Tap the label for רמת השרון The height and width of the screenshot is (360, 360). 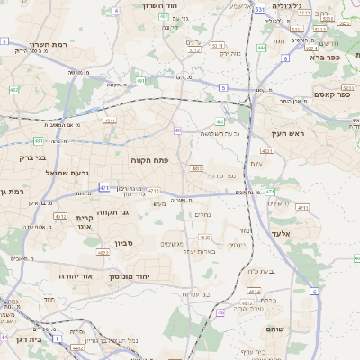pos(49,45)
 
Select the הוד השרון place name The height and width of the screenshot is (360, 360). pos(164,5)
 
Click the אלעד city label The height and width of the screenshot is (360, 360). pos(307,233)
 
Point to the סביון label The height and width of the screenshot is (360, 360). pos(124,243)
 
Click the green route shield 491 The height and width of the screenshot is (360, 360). pos(140,81)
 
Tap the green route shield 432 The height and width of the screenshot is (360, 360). pos(13,90)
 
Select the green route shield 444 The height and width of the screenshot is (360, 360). pos(262,47)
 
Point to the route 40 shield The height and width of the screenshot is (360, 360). pos(178,130)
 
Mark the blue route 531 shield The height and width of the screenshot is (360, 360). pos(259,9)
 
